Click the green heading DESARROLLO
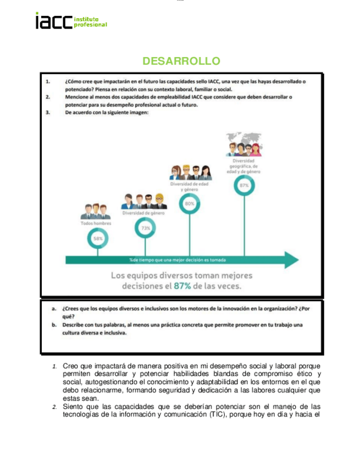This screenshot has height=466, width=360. click(181, 60)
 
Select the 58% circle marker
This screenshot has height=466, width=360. click(98, 238)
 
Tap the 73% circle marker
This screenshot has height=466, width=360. click(145, 227)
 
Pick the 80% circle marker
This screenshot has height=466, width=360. click(190, 203)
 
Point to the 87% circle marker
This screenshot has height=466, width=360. click(244, 186)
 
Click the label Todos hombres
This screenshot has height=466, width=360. click(96, 224)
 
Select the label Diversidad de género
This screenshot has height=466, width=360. click(144, 213)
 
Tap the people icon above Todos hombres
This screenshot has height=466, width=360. click(96, 210)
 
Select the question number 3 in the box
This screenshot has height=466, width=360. click(48, 113)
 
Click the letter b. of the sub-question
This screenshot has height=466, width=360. click(54, 325)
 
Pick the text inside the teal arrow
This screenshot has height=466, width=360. click(178, 260)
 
